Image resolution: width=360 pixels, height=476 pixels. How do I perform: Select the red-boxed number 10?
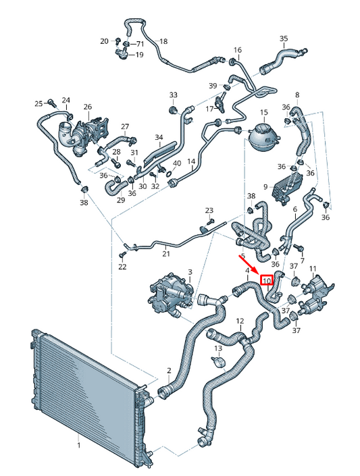[267, 280]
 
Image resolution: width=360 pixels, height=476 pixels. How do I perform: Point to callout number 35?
[284, 38]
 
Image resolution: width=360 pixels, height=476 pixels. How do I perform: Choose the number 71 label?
[140, 44]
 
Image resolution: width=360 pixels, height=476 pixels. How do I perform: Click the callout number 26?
[88, 107]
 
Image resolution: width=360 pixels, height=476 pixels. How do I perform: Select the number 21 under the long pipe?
[166, 253]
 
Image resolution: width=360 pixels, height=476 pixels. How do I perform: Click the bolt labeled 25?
[51, 103]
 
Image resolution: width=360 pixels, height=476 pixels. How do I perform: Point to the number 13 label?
[218, 348]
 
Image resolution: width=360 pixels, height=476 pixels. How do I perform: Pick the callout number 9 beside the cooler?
[265, 187]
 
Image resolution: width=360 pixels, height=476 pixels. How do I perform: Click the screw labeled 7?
[299, 247]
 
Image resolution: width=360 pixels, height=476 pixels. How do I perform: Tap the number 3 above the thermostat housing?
[190, 271]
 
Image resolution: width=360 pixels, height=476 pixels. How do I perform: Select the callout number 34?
[159, 137]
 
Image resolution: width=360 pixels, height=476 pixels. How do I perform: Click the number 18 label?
[163, 41]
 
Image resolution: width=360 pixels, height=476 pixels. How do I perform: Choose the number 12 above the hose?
[240, 321]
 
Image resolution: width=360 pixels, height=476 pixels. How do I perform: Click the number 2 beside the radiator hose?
[169, 371]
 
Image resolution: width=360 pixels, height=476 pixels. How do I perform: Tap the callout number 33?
[173, 95]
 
